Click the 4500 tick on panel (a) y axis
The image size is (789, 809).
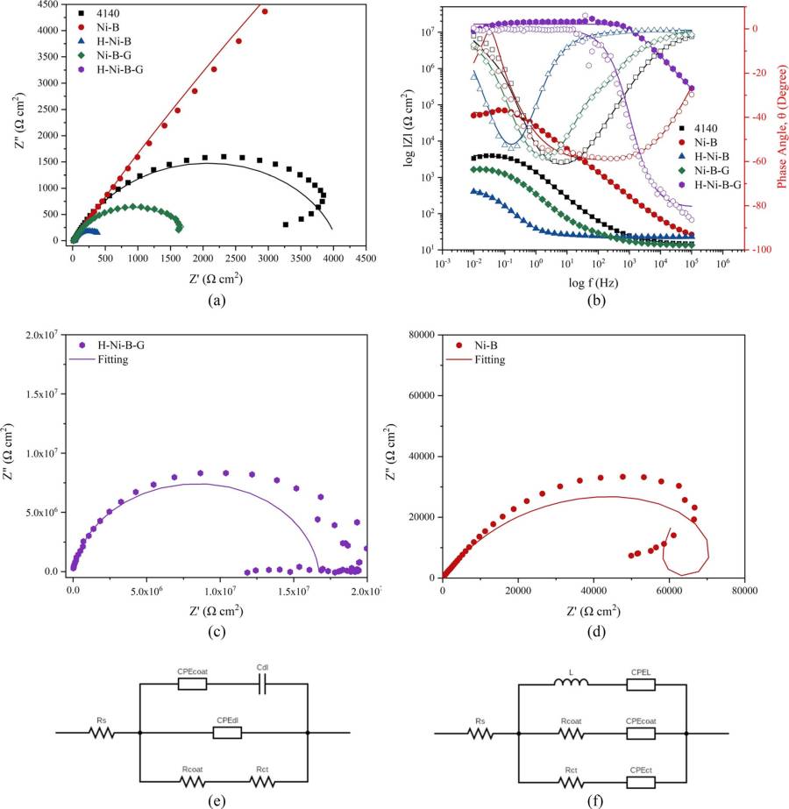49,4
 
